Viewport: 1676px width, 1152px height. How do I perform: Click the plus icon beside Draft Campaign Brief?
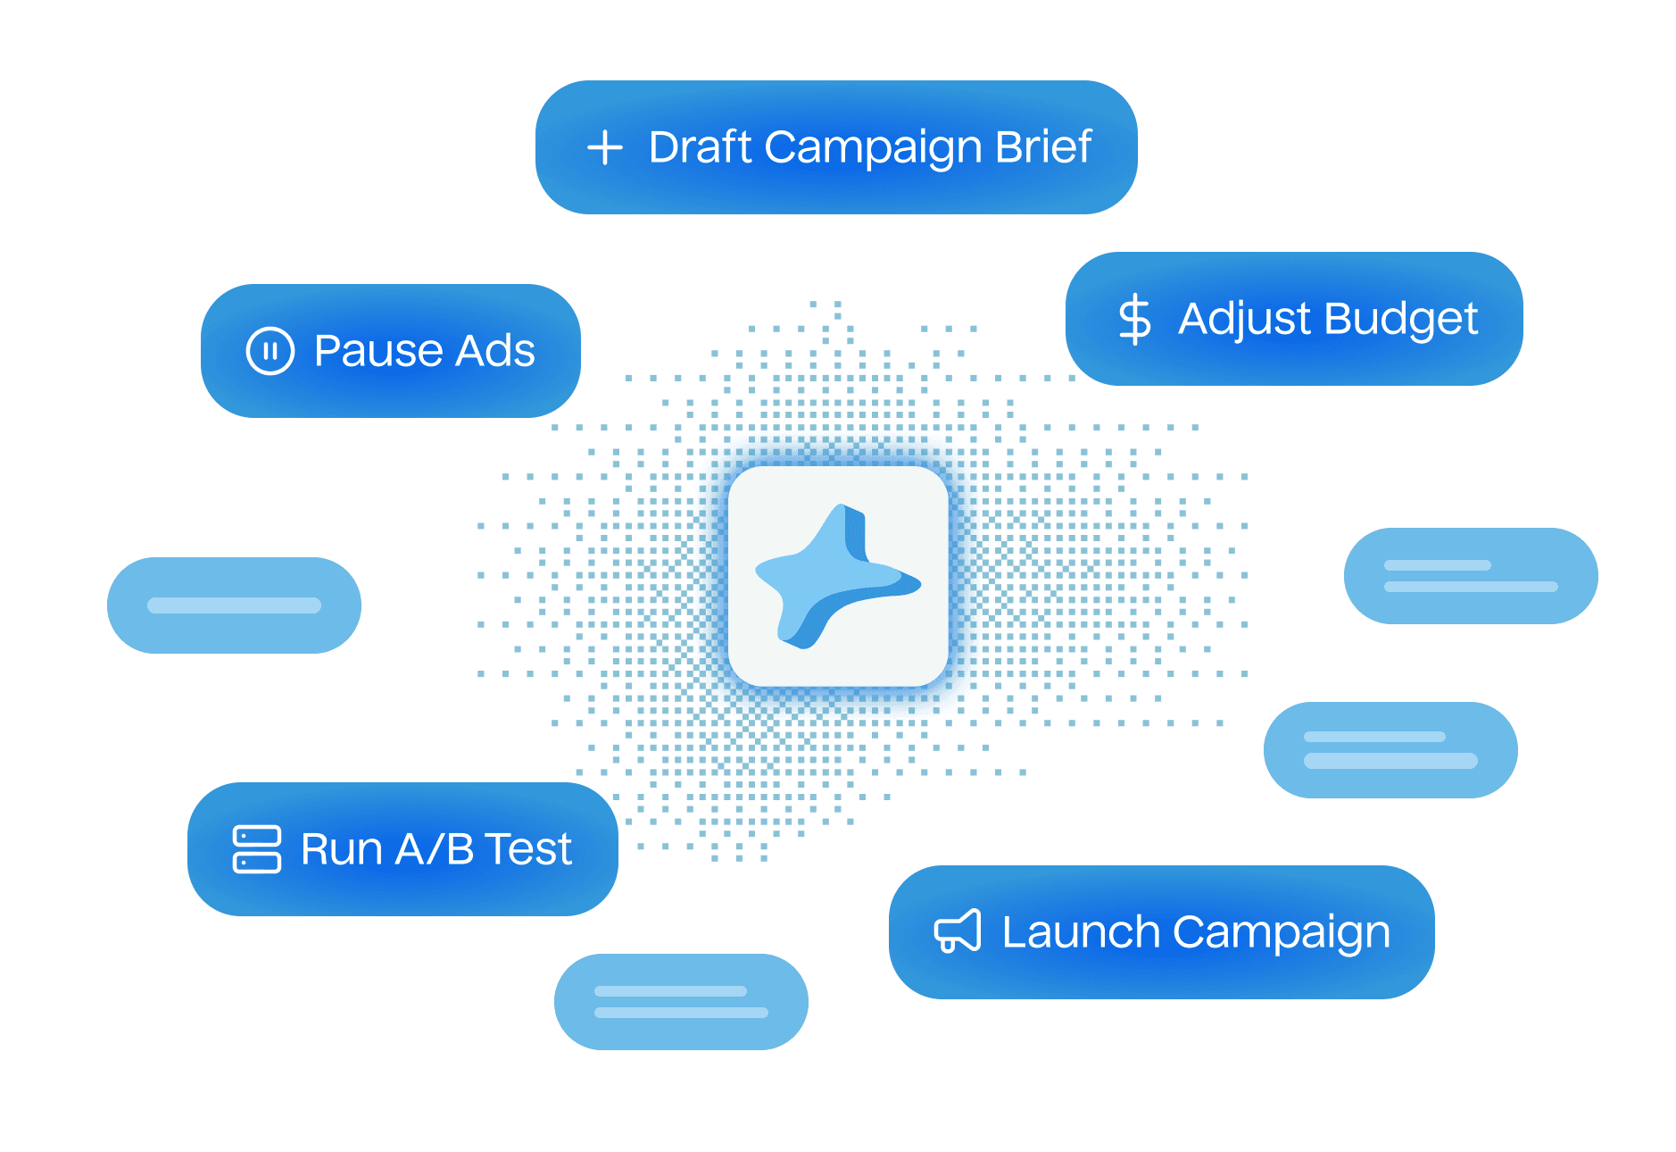pyautogui.click(x=605, y=147)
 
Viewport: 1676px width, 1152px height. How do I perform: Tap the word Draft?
pyautogui.click(x=701, y=147)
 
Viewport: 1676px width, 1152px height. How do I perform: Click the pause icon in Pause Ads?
pyautogui.click(x=270, y=350)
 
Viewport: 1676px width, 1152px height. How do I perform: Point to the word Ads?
pyautogui.click(x=495, y=350)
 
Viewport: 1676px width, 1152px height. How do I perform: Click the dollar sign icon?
pyautogui.click(x=1134, y=319)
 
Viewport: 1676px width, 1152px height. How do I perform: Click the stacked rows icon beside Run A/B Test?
pyautogui.click(x=257, y=848)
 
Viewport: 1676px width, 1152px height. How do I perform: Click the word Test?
pyautogui.click(x=528, y=848)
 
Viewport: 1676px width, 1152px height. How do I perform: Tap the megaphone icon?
pyautogui.click(x=958, y=931)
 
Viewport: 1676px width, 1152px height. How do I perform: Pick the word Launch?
pyautogui.click(x=1081, y=931)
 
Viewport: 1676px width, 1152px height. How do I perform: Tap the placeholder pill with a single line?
pyautogui.click(x=234, y=605)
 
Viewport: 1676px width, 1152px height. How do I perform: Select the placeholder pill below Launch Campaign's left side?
pyautogui.click(x=681, y=1001)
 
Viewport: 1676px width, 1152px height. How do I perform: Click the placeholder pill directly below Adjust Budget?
pyautogui.click(x=1471, y=576)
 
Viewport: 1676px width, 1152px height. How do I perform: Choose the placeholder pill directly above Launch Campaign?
pyautogui.click(x=1390, y=749)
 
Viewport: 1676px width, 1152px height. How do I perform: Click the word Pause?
pyautogui.click(x=379, y=350)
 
